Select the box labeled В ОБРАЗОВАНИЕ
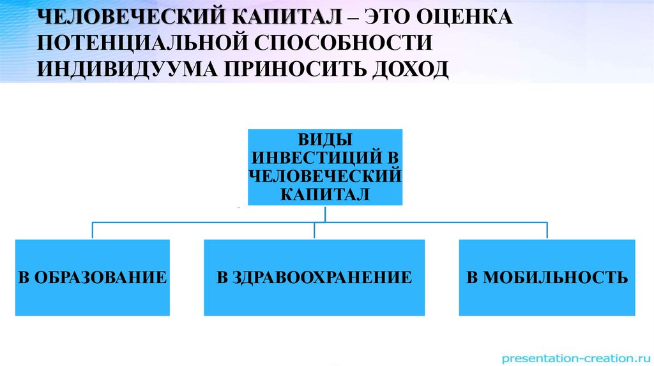tap(93, 277)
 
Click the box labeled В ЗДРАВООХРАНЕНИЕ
tap(314, 277)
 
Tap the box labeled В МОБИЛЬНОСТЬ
tap(547, 277)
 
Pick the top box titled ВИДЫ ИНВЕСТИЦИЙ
tap(325, 167)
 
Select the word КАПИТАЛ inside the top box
tap(325, 194)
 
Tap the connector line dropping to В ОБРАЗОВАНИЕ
tap(93, 230)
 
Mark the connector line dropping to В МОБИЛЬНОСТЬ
tap(547, 230)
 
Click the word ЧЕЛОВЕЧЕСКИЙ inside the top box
tap(325, 176)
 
